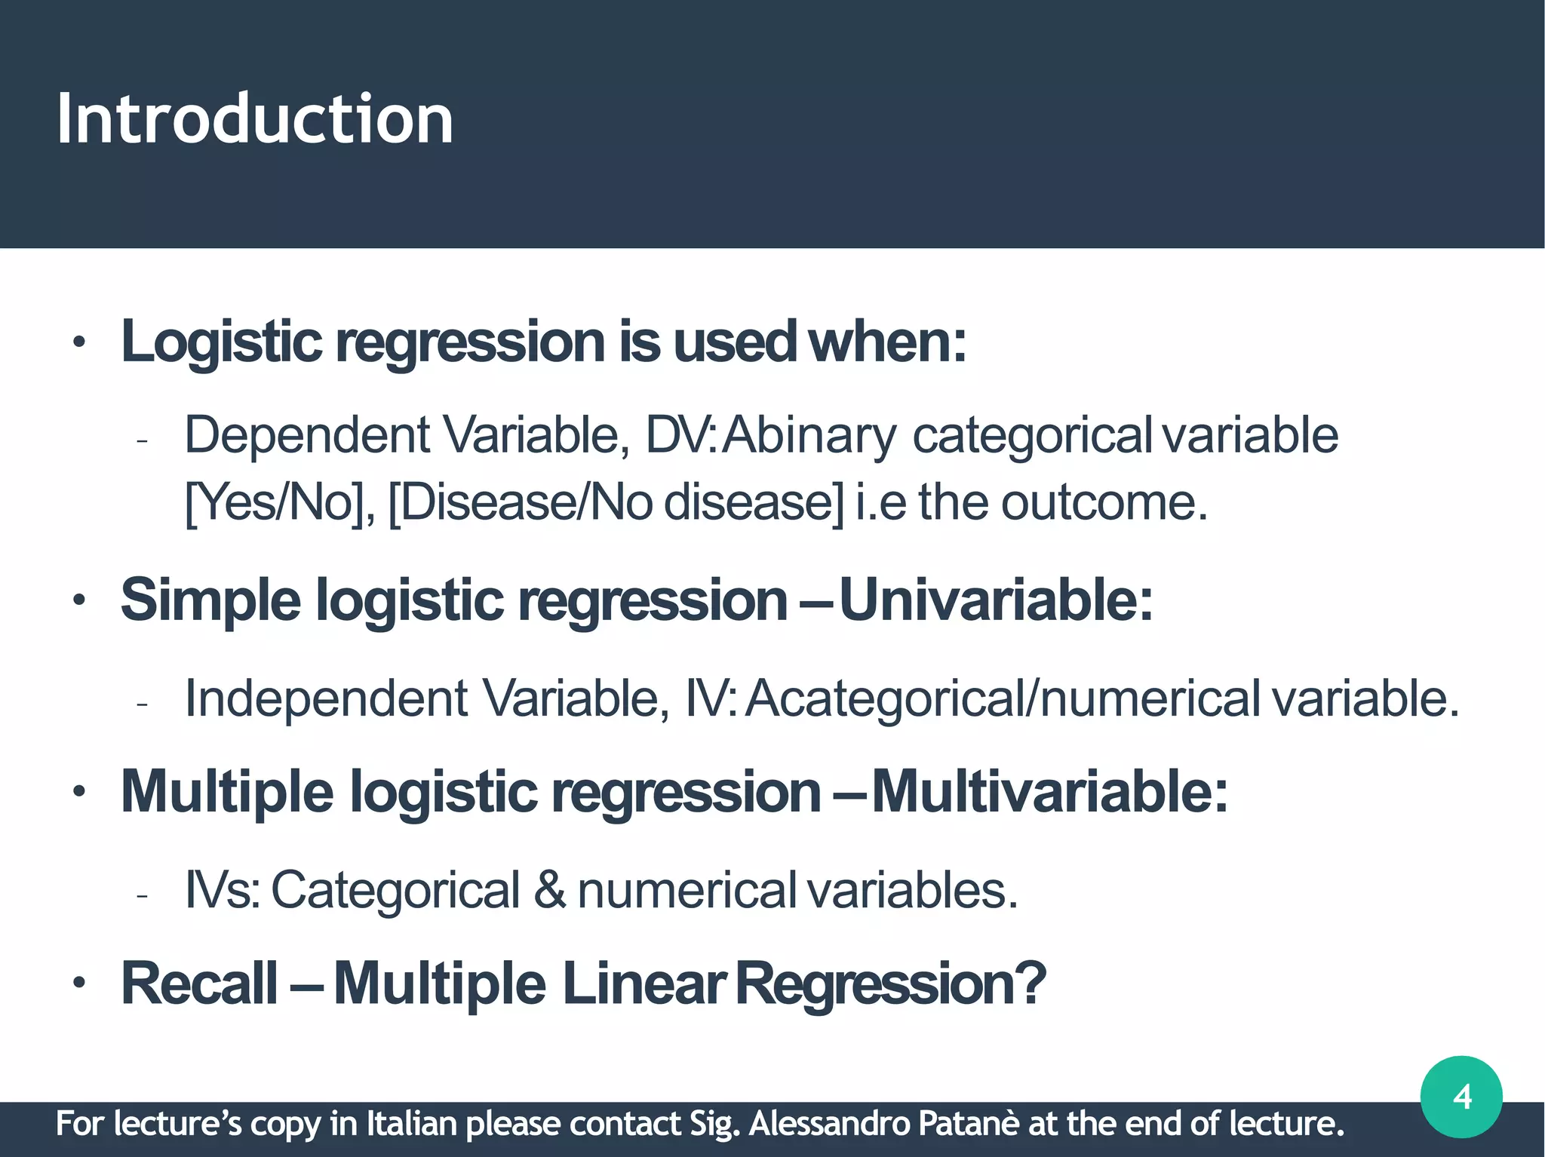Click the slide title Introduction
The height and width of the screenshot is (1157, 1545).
tap(255, 118)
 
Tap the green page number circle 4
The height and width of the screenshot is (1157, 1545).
tap(1461, 1097)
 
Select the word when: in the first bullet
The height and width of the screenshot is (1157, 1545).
tap(887, 342)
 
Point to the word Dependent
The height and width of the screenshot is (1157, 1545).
tap(307, 436)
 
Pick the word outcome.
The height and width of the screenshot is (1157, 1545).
tap(1104, 502)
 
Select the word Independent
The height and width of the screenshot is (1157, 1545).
tap(326, 698)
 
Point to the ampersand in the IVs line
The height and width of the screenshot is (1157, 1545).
tap(549, 891)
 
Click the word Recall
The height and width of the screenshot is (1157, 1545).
tap(199, 984)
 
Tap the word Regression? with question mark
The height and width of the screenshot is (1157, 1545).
tap(891, 984)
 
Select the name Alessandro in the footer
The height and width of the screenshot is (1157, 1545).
tap(829, 1124)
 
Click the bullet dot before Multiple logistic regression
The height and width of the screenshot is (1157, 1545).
tap(79, 793)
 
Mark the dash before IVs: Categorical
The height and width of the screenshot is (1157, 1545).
tap(142, 895)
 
